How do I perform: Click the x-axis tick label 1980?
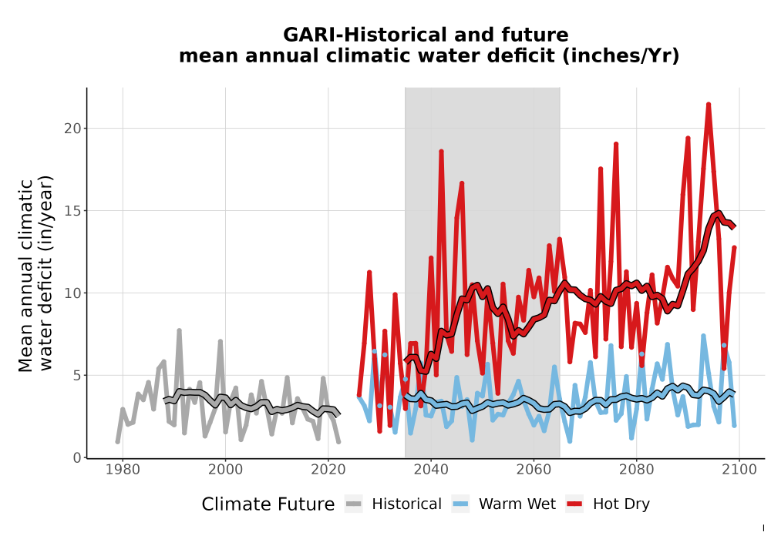click(x=123, y=470)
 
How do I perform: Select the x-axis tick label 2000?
click(x=225, y=470)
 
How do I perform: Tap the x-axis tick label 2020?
click(x=328, y=470)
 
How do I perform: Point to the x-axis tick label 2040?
click(x=431, y=470)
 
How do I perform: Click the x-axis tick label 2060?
click(x=534, y=470)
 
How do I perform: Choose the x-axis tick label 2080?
click(x=636, y=470)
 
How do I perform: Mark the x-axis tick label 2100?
click(x=739, y=470)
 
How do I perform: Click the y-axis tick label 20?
click(x=72, y=129)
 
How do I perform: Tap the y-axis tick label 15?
click(x=72, y=211)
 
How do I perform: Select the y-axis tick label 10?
click(x=72, y=293)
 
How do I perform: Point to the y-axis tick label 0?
click(x=76, y=458)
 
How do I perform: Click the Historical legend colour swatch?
click(x=353, y=504)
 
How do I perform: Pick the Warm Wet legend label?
click(x=517, y=504)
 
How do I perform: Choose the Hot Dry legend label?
click(x=621, y=504)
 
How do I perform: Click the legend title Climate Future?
click(x=268, y=504)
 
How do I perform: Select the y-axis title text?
click(x=35, y=274)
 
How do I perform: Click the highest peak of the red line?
click(x=709, y=104)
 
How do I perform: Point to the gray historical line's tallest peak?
click(x=179, y=330)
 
